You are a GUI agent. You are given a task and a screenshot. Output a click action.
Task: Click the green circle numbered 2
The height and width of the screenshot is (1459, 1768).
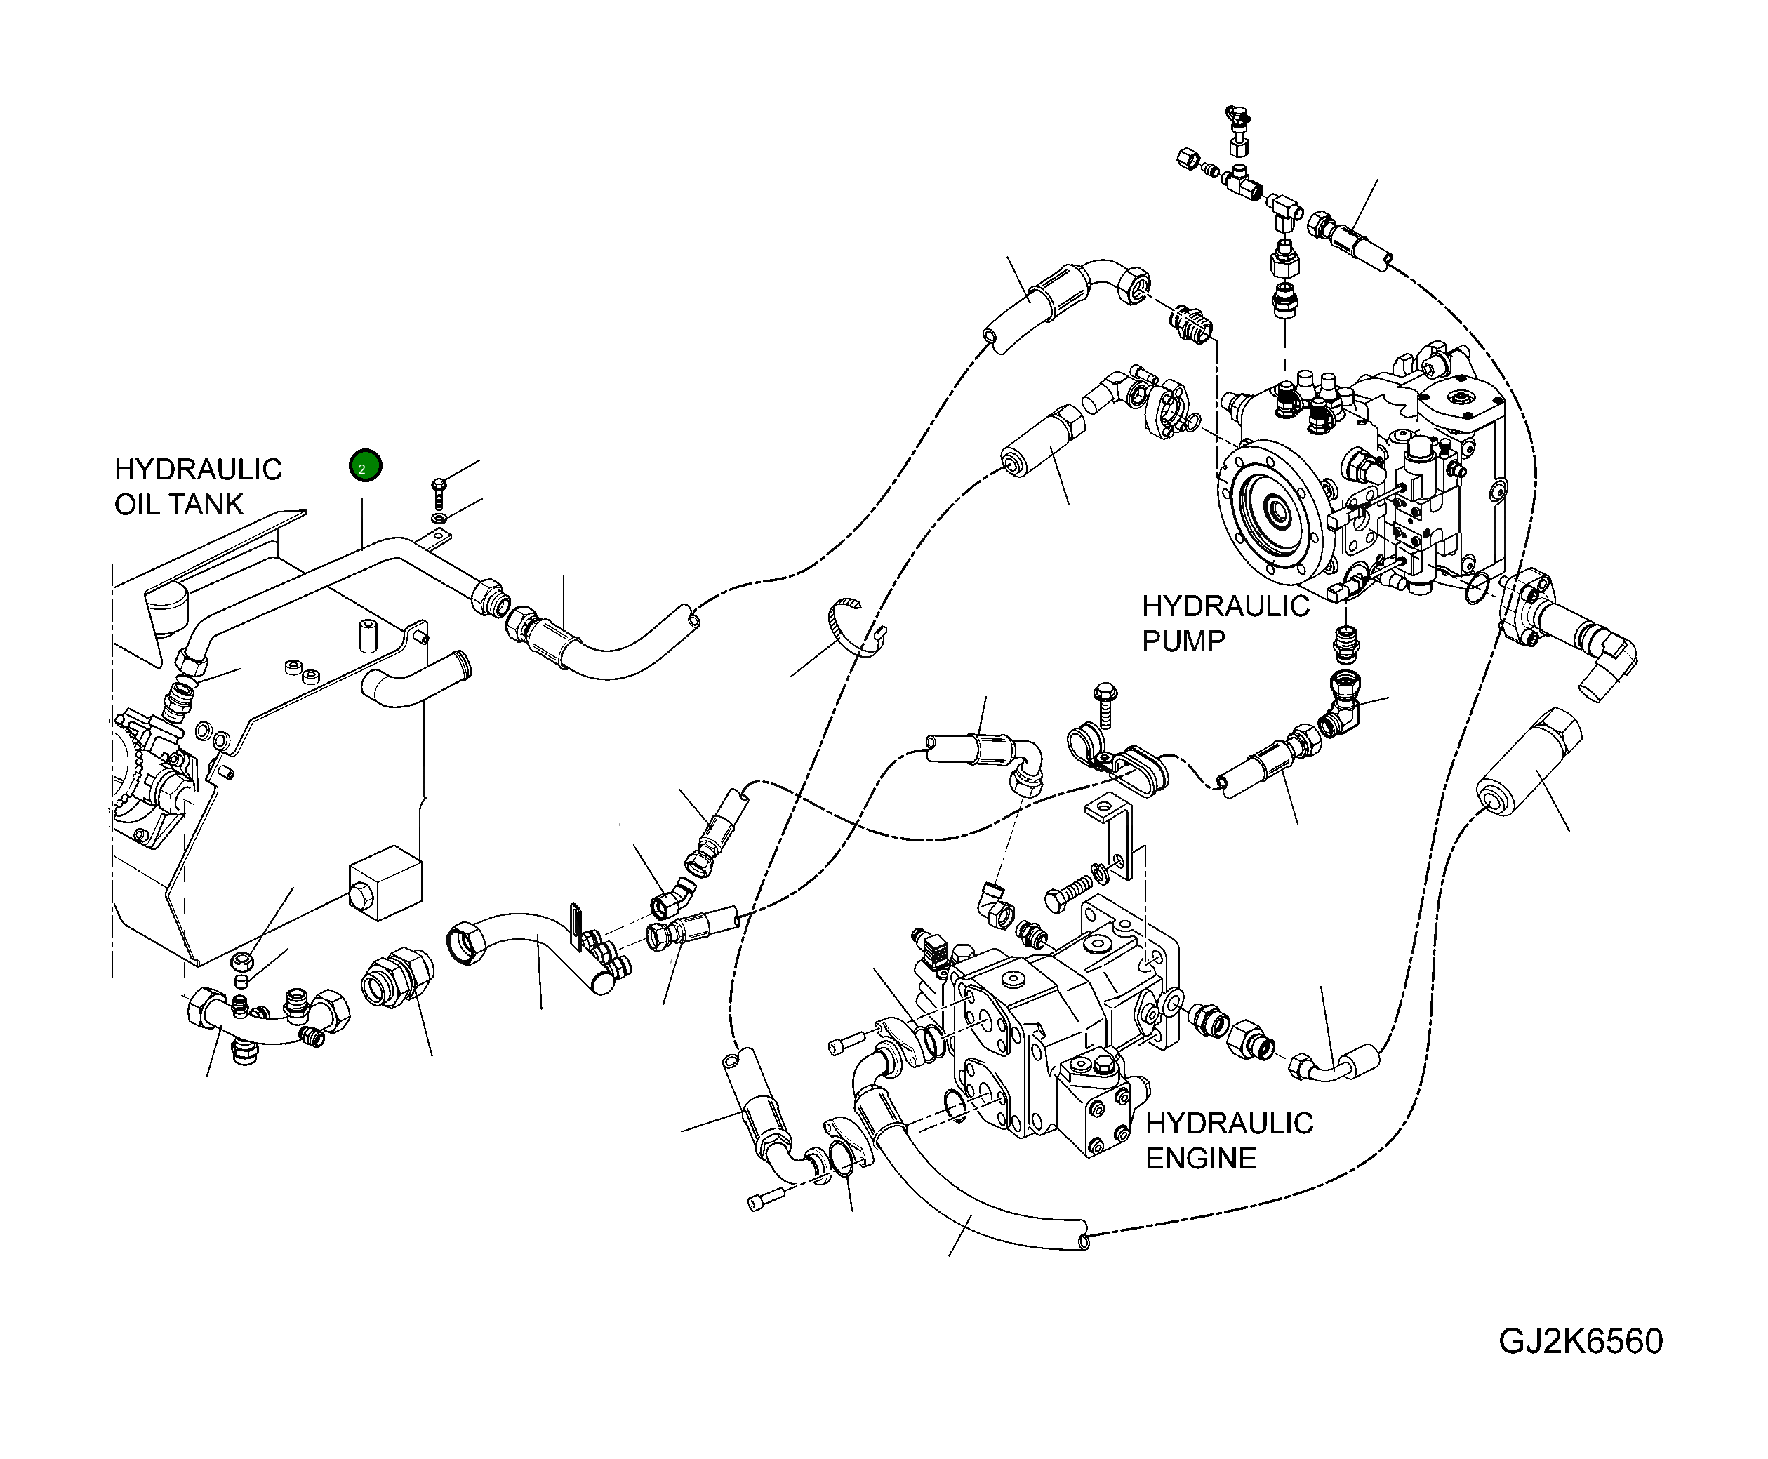366,465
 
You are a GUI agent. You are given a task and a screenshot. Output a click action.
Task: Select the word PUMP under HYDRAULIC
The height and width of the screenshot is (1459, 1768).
1183,641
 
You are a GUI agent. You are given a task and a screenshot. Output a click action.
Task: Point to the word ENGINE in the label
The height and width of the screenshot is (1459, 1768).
1201,1158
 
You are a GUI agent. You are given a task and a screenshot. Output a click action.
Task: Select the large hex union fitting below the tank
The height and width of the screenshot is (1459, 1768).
397,978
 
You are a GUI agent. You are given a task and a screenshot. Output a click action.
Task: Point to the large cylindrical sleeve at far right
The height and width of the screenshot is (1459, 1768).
1529,762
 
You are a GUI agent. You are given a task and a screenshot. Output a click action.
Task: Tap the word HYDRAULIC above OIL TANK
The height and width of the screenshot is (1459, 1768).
199,469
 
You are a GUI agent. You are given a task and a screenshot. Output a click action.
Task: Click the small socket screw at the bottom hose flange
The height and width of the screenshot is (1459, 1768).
766,1199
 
